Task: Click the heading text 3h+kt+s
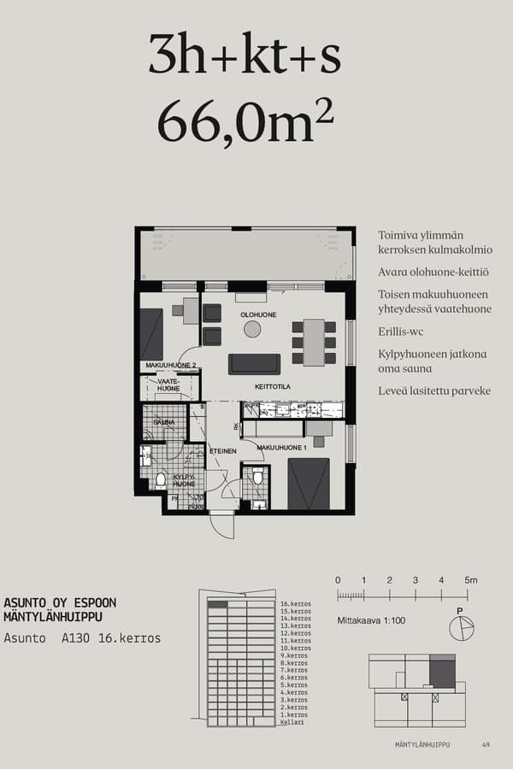click(245, 56)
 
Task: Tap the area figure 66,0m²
click(245, 122)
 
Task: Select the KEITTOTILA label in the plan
click(273, 386)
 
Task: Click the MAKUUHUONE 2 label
click(171, 366)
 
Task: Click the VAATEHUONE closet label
click(168, 385)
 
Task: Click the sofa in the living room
click(254, 364)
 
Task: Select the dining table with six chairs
click(313, 342)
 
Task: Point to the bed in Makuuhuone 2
click(152, 334)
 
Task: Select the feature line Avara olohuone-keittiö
click(433, 272)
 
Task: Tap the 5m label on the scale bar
click(471, 580)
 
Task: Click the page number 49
click(486, 745)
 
